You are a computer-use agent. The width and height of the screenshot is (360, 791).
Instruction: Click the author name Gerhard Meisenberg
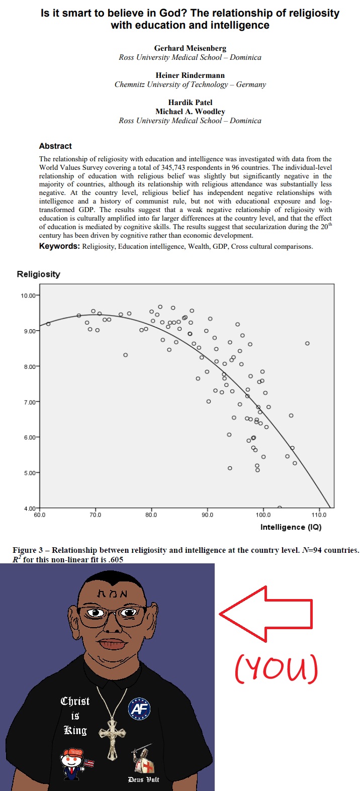190,48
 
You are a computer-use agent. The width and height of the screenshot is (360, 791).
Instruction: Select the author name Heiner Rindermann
190,75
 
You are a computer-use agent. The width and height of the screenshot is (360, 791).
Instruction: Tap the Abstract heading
55,146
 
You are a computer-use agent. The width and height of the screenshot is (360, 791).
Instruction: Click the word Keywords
59,246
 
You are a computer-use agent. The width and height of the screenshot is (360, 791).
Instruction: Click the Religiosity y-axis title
38,274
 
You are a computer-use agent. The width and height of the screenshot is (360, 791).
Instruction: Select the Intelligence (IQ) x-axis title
291,527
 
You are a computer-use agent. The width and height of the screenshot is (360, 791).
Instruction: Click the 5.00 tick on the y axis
29,473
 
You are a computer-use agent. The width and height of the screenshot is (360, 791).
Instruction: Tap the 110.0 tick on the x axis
319,515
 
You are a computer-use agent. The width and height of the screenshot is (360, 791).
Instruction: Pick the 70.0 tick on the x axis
95,515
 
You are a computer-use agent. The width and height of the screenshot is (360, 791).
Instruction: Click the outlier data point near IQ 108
307,344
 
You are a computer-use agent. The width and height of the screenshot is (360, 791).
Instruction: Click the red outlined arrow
266,614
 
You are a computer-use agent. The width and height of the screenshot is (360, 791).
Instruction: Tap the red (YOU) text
276,669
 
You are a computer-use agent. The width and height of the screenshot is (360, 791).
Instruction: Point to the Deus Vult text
143,779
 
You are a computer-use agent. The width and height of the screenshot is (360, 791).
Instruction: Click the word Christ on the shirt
75,701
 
